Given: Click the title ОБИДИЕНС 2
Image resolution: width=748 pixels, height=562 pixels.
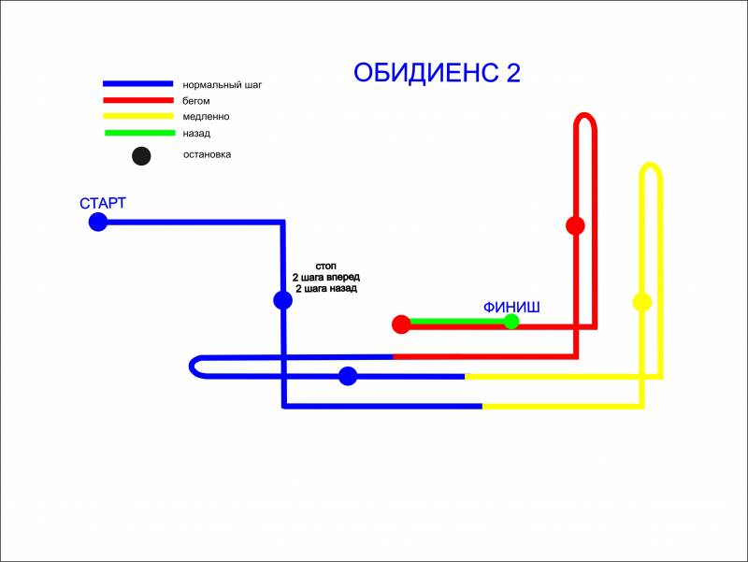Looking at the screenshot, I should [437, 74].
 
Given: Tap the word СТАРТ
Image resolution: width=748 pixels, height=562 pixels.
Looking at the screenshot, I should [103, 204].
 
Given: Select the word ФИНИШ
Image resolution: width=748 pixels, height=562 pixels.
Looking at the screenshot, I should [511, 306].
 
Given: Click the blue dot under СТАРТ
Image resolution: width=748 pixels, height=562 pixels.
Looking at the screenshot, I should [97, 222].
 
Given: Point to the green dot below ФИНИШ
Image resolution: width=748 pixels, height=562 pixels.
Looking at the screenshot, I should [511, 322].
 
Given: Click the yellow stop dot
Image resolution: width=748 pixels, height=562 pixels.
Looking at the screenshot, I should [641, 302].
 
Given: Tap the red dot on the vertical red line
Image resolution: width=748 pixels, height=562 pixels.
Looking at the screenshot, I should [575, 225].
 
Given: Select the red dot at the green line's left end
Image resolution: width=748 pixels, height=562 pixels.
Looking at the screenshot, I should [401, 324].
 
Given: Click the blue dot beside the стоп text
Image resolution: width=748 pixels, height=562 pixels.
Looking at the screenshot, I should [282, 300].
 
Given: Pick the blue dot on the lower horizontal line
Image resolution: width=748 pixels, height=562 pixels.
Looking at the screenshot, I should [348, 376].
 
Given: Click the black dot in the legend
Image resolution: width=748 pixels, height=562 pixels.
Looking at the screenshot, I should [141, 156].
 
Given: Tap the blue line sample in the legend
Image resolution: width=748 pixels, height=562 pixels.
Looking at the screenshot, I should [137, 84].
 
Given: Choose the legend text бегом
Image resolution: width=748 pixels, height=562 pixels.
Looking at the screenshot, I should [196, 101].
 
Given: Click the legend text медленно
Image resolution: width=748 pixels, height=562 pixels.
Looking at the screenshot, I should [206, 117].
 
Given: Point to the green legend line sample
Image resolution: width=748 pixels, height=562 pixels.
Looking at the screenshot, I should [137, 133].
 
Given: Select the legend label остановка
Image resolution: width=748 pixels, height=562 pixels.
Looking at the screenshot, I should [207, 154].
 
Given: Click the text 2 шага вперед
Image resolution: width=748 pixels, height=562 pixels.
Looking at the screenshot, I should [325, 279].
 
